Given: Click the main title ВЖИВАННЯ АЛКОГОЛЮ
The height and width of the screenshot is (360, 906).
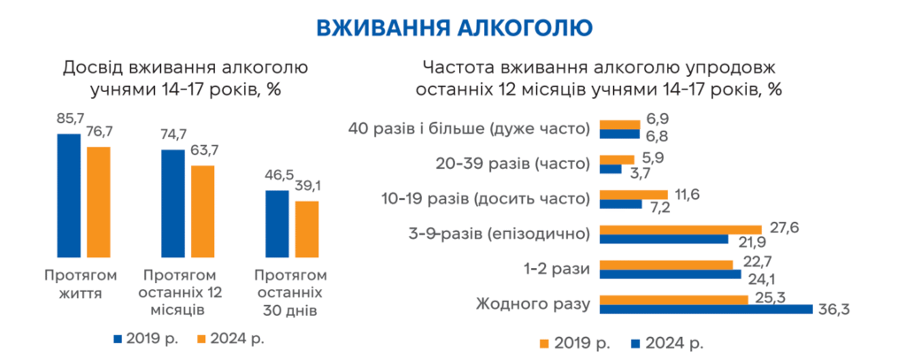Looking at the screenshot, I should pos(452,27).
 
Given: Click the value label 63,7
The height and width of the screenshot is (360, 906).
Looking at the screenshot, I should pos(203,150).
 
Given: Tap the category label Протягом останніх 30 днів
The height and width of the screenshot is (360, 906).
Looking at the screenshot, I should pos(290,292).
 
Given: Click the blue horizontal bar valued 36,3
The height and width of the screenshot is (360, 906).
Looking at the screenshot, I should pos(706,309).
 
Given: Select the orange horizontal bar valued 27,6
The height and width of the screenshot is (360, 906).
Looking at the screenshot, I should pos(680,229).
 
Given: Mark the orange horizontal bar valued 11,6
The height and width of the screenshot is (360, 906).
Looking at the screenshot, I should pos(633,195).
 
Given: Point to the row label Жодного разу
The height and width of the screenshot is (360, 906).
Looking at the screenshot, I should pos(533,303).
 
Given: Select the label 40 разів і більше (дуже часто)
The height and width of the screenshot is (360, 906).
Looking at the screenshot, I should pos(469,129).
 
